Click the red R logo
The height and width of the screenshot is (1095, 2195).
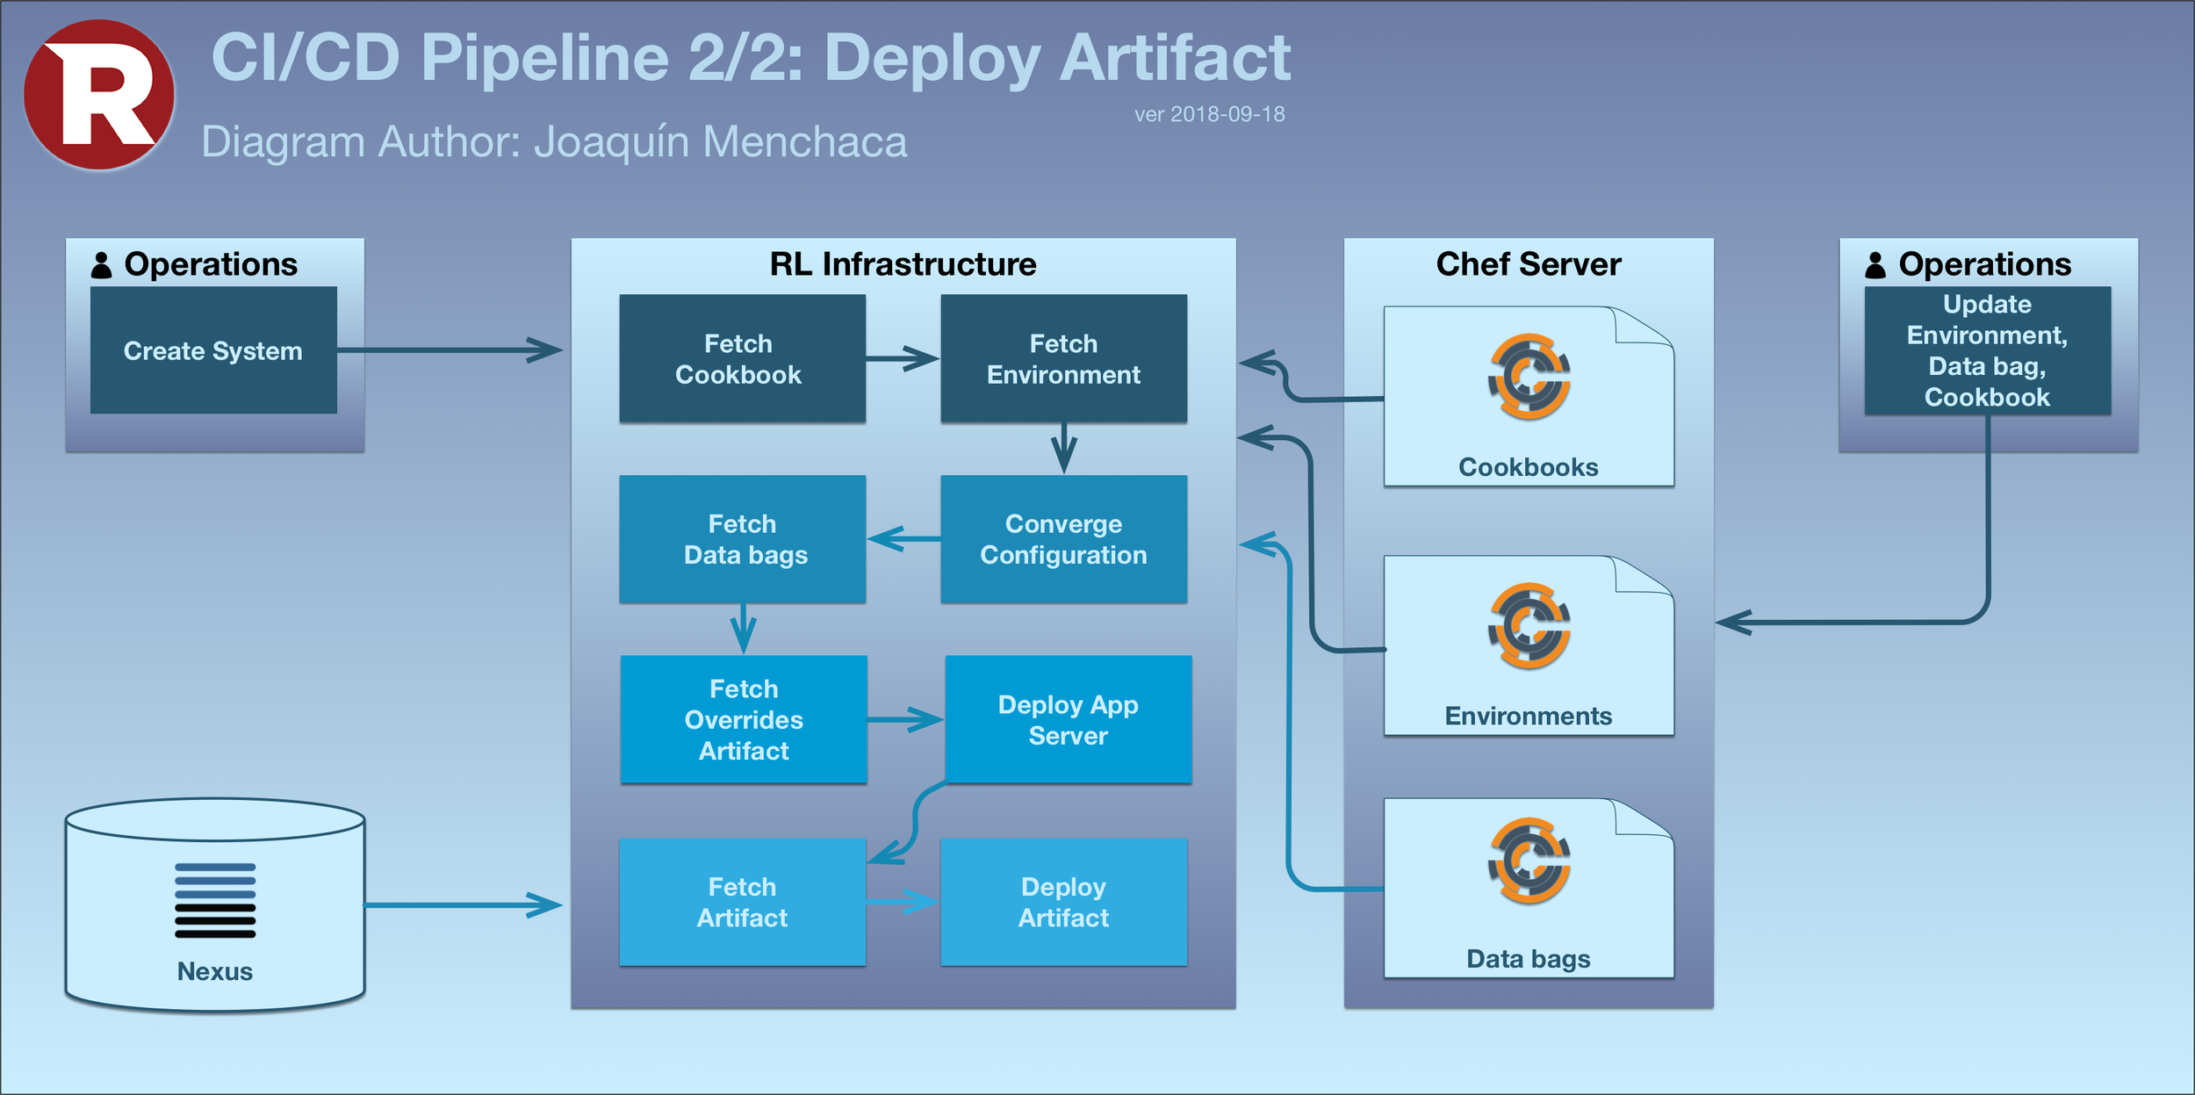click(99, 95)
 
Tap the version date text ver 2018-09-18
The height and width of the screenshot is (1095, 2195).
click(1209, 114)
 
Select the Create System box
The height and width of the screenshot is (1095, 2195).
click(213, 350)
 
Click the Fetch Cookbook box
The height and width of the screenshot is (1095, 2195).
click(742, 358)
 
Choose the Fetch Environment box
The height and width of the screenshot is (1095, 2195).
click(1063, 358)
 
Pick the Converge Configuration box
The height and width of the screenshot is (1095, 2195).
click(1063, 539)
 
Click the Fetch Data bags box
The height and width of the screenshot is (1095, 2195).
click(742, 539)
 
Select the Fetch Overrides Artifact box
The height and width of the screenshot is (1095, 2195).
click(744, 719)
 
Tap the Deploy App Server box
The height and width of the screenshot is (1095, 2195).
click(1069, 719)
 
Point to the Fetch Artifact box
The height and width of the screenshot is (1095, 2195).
click(742, 902)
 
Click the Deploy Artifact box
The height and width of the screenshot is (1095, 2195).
click(1063, 902)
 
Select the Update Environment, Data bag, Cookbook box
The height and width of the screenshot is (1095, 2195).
click(1987, 350)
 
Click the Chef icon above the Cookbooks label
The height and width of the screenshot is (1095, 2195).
click(1529, 376)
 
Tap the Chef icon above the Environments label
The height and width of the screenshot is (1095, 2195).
click(1529, 625)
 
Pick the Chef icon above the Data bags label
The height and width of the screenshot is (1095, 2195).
click(1529, 861)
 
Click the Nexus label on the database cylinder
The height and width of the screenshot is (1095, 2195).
click(215, 971)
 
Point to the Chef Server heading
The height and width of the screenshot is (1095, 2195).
click(1528, 264)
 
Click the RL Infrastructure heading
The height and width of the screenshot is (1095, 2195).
click(903, 264)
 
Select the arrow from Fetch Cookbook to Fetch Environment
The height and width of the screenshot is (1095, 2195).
click(903, 358)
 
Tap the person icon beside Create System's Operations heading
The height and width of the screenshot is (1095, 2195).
click(102, 265)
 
